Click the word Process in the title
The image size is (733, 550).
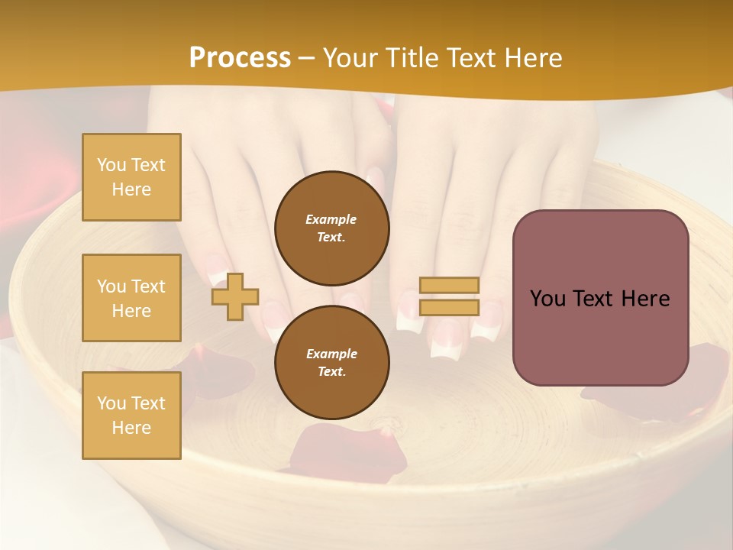tap(240, 58)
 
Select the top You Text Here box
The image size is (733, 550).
tap(131, 177)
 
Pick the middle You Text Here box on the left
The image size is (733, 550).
tap(131, 298)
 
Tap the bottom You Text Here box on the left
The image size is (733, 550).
tap(131, 416)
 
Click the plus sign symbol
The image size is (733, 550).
tap(235, 297)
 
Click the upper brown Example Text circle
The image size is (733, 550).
tap(332, 228)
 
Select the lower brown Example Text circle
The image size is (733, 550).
tap(332, 363)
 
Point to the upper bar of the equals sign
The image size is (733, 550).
tap(449, 286)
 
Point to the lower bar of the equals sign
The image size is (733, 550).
tap(449, 308)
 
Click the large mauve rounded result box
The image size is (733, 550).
tap(600, 336)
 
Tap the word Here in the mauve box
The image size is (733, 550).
tap(645, 299)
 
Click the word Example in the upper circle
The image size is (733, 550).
tap(331, 219)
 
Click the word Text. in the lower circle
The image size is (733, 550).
tap(331, 372)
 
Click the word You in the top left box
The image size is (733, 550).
tap(111, 165)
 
